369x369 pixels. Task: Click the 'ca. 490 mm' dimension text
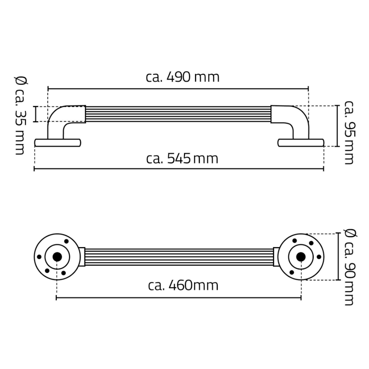[183, 77]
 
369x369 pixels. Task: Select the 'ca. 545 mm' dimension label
[182, 159]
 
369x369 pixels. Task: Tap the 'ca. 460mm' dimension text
[183, 286]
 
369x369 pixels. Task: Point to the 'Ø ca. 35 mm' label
[19, 115]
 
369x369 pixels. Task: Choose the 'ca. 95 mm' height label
[349, 132]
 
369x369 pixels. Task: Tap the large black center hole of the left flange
[57, 257]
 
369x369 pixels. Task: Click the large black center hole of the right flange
[301, 257]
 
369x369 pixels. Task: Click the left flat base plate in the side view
[58, 143]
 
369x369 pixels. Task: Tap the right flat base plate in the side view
[301, 143]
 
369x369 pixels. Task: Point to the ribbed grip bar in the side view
[178, 114]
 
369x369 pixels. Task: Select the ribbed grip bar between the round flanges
[178, 257]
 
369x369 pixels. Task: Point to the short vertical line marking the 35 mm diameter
[35, 114]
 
